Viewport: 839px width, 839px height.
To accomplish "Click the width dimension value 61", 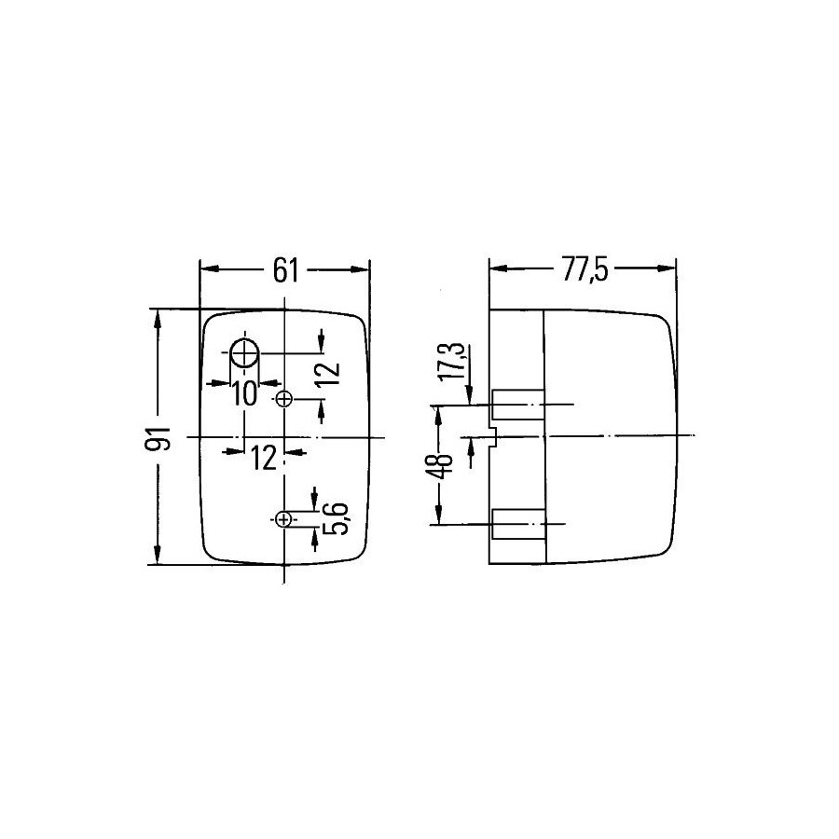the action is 286,270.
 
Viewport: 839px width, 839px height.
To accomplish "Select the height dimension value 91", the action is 158,438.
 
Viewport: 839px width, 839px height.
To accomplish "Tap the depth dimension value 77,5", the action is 585,269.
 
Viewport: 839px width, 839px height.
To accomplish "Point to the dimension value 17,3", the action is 450,362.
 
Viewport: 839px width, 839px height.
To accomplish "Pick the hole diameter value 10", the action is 244,394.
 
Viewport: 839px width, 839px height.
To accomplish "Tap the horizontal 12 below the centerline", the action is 264,459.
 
